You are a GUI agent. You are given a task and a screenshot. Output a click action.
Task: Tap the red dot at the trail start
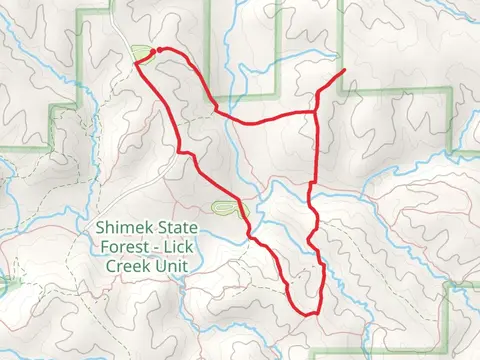159,48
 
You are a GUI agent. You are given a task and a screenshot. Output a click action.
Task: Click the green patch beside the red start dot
141,53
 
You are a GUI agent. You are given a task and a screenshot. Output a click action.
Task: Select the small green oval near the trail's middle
226,208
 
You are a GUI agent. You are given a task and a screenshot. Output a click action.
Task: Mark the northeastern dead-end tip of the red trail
345,70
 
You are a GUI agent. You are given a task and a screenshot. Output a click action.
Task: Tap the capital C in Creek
105,268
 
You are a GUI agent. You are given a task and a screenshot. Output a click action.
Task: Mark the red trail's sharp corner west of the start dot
136,63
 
